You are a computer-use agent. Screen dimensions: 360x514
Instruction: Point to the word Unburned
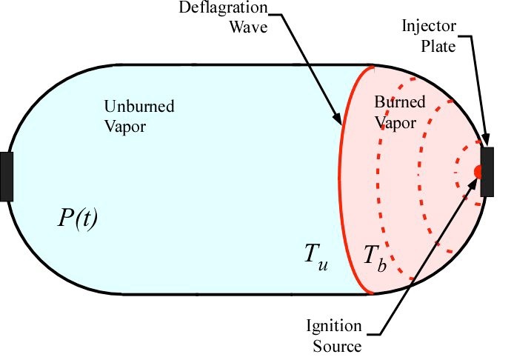tap(139, 107)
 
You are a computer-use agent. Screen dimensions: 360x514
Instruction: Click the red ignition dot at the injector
tap(478, 172)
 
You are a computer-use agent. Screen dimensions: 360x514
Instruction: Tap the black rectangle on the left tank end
tap(7, 176)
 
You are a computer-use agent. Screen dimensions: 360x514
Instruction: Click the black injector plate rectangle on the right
tap(487, 172)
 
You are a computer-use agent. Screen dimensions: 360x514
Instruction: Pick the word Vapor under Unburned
tap(127, 125)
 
